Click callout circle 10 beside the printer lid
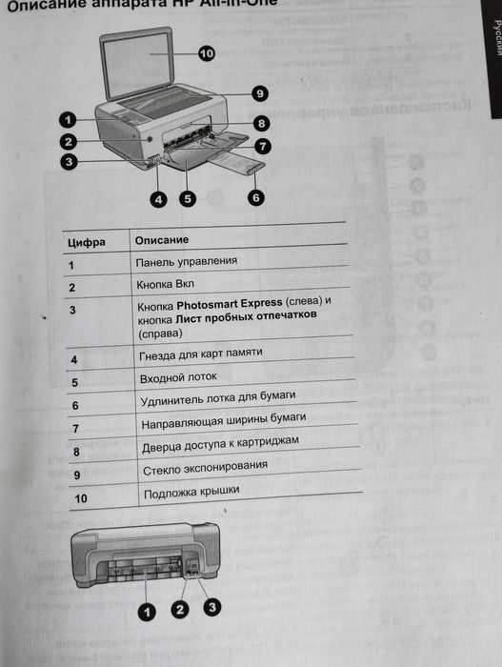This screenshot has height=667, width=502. click(207, 53)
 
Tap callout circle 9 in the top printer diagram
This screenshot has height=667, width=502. click(259, 92)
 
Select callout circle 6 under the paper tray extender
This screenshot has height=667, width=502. click(255, 197)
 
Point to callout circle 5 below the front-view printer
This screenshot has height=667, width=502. click(188, 198)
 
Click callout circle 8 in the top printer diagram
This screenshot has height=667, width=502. click(261, 124)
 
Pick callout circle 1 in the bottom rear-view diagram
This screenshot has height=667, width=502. click(147, 611)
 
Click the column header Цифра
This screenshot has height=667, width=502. click(87, 241)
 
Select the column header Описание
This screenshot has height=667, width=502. click(162, 239)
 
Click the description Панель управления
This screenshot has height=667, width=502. click(186, 261)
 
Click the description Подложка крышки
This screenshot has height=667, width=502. click(191, 492)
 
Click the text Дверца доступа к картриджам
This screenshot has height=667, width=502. click(220, 444)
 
